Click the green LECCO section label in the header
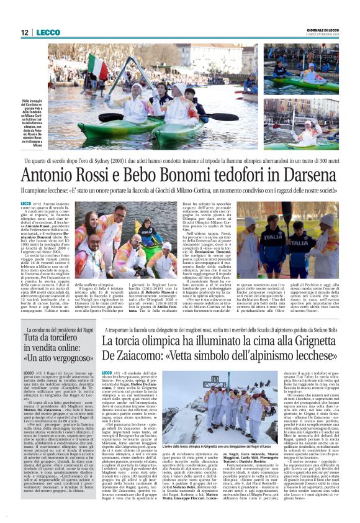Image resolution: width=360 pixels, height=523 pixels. (48, 32)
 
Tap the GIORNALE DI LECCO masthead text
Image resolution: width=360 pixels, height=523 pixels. (325, 29)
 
